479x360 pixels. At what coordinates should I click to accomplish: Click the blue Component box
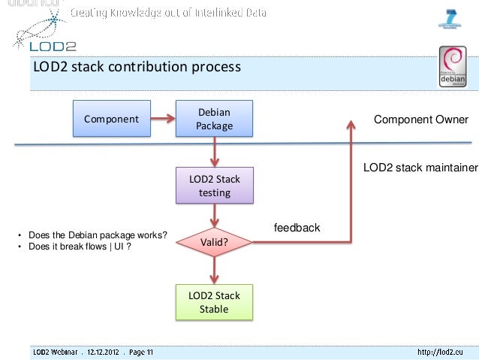point(111,119)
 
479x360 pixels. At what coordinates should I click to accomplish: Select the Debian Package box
point(214,119)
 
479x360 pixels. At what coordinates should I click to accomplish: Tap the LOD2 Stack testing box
point(214,186)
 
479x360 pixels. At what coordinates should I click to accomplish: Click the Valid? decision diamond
point(214,242)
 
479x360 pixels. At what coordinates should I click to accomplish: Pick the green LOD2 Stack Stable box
point(214,302)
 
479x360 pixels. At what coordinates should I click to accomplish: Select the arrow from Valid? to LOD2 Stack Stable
point(214,271)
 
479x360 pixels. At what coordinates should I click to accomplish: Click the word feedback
point(297,228)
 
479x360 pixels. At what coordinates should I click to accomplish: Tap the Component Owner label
point(420,120)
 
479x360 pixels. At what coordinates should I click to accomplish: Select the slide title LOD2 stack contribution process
point(137,68)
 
